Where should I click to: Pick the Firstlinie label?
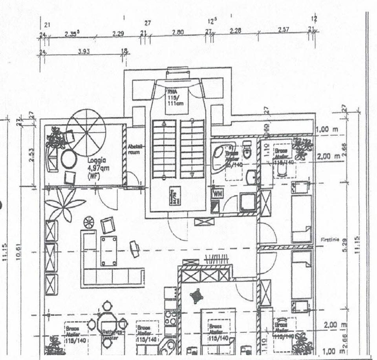click(x=329, y=239)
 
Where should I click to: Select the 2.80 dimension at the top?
click(x=178, y=33)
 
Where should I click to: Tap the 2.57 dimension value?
click(x=283, y=30)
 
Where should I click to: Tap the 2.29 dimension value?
click(x=118, y=34)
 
